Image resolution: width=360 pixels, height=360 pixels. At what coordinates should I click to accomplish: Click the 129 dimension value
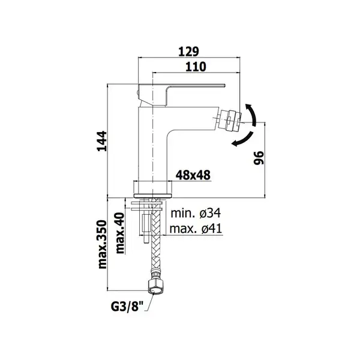pyautogui.click(x=188, y=52)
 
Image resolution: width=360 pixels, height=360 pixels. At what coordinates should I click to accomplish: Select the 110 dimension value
pyautogui.click(x=196, y=67)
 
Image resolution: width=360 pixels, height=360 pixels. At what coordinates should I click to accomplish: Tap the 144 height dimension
pyautogui.click(x=102, y=141)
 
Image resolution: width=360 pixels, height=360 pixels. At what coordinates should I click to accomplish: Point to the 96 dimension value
pyautogui.click(x=259, y=158)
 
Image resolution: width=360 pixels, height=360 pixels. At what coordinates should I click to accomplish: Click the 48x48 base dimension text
pyautogui.click(x=193, y=175)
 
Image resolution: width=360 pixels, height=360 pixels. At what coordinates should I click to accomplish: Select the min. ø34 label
pyautogui.click(x=196, y=213)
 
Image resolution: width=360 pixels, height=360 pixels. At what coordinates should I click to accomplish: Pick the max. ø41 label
pyautogui.click(x=196, y=229)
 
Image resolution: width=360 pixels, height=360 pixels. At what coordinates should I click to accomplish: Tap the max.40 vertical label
pyautogui.click(x=120, y=233)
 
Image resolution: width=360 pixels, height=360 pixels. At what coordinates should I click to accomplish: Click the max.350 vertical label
pyautogui.click(x=103, y=244)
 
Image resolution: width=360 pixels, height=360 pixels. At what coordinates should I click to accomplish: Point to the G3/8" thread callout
pyautogui.click(x=127, y=306)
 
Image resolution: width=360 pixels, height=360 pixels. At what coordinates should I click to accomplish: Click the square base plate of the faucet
pyautogui.click(x=152, y=189)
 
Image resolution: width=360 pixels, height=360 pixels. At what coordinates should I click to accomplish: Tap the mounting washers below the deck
pyautogui.click(x=147, y=206)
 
